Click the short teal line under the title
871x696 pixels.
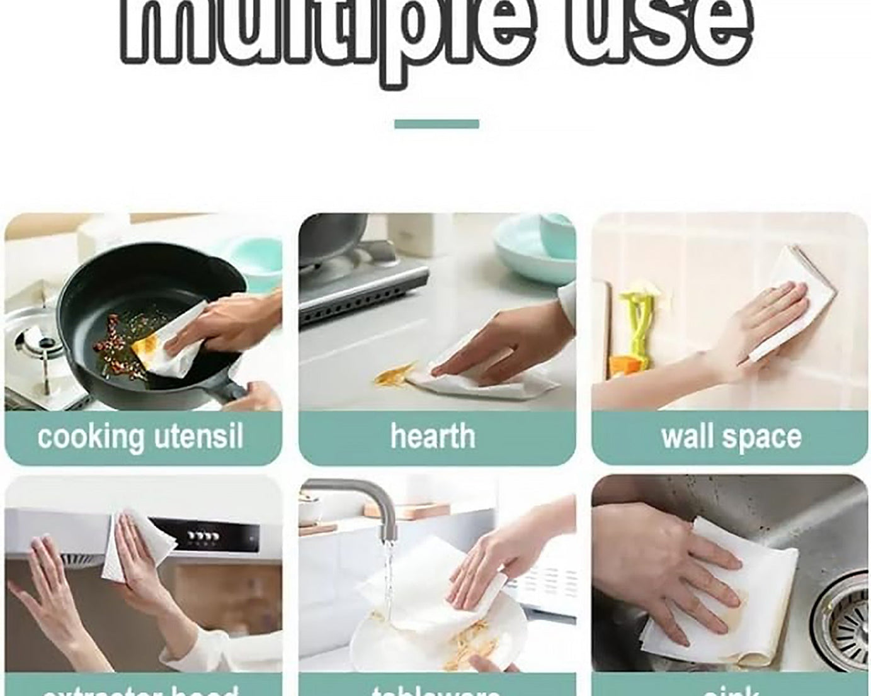coord(436,124)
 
